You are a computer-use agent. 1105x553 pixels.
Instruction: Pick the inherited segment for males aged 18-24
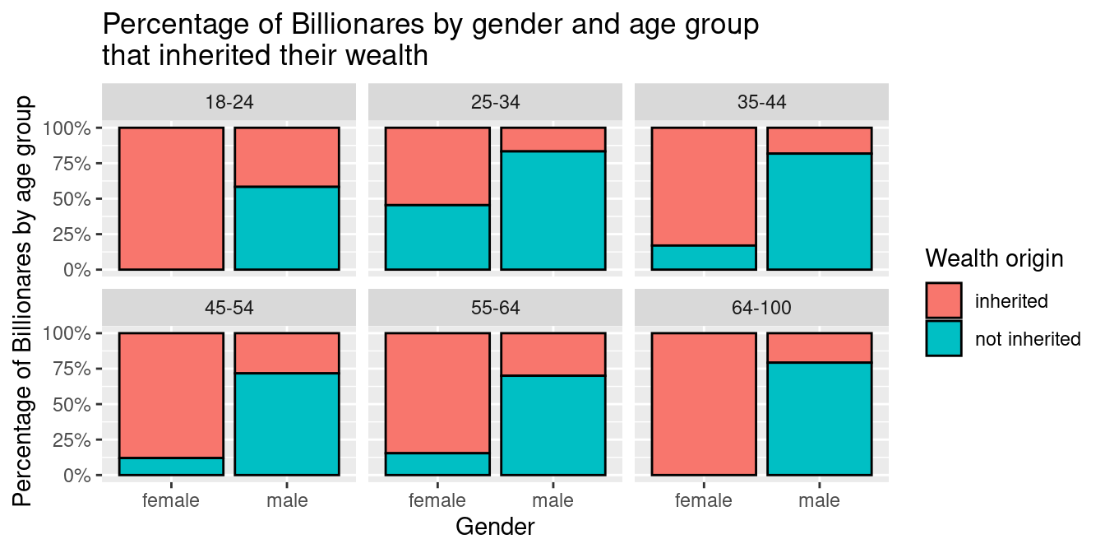pos(287,157)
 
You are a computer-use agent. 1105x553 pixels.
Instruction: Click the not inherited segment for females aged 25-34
pos(437,237)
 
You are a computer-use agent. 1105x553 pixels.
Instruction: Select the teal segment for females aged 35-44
pos(704,258)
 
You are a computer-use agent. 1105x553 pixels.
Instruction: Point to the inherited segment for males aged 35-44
pos(820,141)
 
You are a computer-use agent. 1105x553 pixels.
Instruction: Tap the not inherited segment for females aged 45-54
pos(171,467)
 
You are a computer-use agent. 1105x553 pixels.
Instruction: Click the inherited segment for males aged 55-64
pos(553,354)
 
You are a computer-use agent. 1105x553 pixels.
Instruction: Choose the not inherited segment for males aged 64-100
pos(820,419)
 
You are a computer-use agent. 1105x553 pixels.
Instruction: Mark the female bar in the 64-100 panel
pos(704,404)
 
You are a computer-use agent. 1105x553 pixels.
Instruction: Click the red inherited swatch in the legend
pos(944,300)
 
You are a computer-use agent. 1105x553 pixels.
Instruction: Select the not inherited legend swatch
pos(944,338)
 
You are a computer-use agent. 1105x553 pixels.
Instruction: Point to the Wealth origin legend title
pos(994,258)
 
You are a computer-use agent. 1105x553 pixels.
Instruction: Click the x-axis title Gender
pos(495,527)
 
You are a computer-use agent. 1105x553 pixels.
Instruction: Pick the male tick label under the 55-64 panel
pos(553,500)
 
